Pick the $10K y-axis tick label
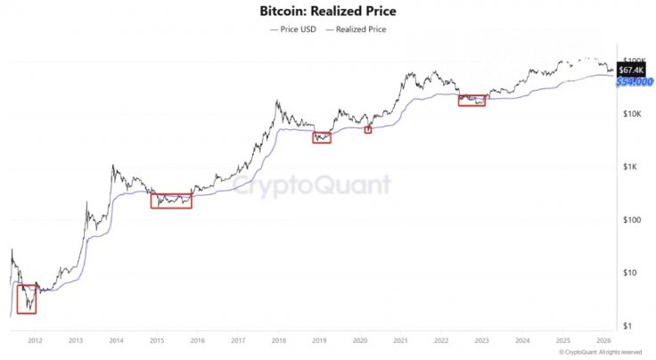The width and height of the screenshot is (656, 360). [633, 114]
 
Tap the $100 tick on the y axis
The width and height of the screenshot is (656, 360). [634, 220]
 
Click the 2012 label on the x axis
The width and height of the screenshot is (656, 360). [35, 340]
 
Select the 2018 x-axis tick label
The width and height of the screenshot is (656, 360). [278, 340]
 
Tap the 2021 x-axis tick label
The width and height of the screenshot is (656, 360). [400, 340]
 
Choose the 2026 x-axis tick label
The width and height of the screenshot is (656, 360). [603, 340]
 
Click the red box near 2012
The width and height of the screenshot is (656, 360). [27, 299]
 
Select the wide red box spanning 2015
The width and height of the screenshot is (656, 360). [171, 200]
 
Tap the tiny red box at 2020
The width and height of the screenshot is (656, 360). [367, 130]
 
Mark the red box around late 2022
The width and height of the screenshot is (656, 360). [472, 101]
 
